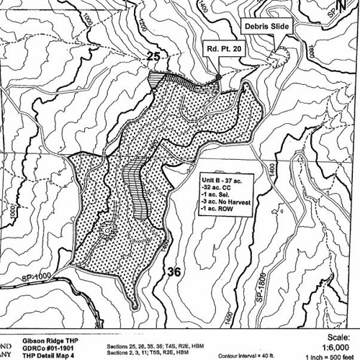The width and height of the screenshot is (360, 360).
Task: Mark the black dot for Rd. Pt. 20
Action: (x=217, y=76)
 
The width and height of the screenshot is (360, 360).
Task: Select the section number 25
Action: (x=152, y=56)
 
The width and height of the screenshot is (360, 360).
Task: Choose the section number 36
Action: (x=174, y=271)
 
